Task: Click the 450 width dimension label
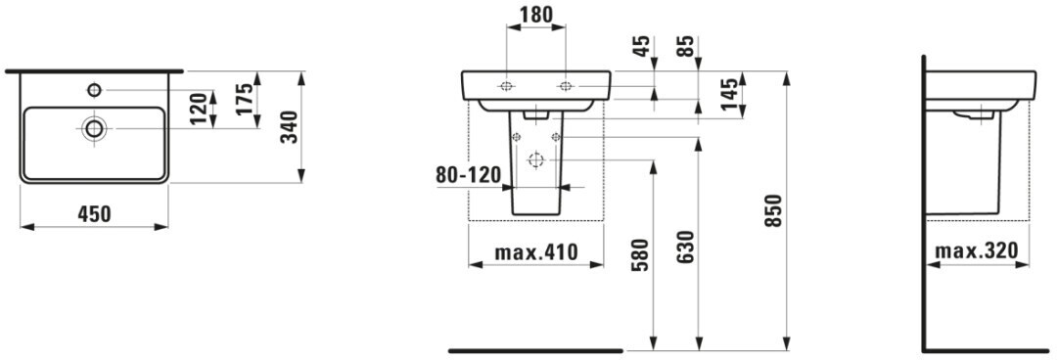coord(94,214)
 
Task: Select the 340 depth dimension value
coord(290,127)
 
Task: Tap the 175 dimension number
coord(246,99)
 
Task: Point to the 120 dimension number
coord(197,110)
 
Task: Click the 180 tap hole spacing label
coord(536,15)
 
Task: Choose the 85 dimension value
coord(687,46)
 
